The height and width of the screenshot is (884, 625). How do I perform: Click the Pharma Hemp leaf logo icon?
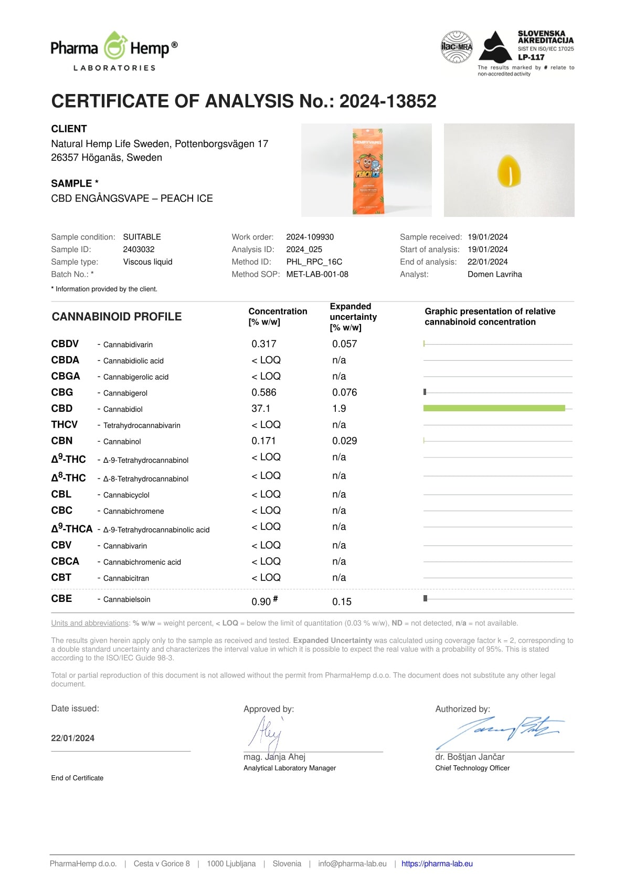pyautogui.click(x=114, y=46)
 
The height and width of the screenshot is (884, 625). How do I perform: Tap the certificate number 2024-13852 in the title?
pyautogui.click(x=387, y=101)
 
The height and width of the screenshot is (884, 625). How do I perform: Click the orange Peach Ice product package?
pyautogui.click(x=367, y=171)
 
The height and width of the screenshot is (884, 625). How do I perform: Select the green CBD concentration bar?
pyautogui.click(x=494, y=408)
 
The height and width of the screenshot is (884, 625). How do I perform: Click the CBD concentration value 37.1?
pyautogui.click(x=261, y=408)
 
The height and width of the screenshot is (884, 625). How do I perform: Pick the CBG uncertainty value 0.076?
pyautogui.click(x=344, y=392)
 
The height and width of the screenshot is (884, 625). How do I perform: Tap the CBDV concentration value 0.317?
pyautogui.click(x=263, y=344)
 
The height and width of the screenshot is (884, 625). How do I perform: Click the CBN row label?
pyautogui.click(x=62, y=441)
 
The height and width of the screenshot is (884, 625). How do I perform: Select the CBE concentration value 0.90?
pyautogui.click(x=261, y=601)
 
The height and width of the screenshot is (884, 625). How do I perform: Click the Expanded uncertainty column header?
pyautogui.click(x=353, y=317)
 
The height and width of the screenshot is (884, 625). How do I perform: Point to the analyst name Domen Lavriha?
pyautogui.click(x=494, y=274)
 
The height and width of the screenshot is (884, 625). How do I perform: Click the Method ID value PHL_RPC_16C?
pyautogui.click(x=314, y=262)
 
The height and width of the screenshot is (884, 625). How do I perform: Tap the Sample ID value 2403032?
pyautogui.click(x=139, y=249)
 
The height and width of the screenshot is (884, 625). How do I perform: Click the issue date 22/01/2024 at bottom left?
pyautogui.click(x=73, y=738)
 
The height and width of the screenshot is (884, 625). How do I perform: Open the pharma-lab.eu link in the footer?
pyautogui.click(x=437, y=864)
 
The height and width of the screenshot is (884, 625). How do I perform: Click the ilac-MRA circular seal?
pyautogui.click(x=457, y=47)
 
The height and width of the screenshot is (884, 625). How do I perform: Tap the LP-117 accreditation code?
pyautogui.click(x=531, y=57)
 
